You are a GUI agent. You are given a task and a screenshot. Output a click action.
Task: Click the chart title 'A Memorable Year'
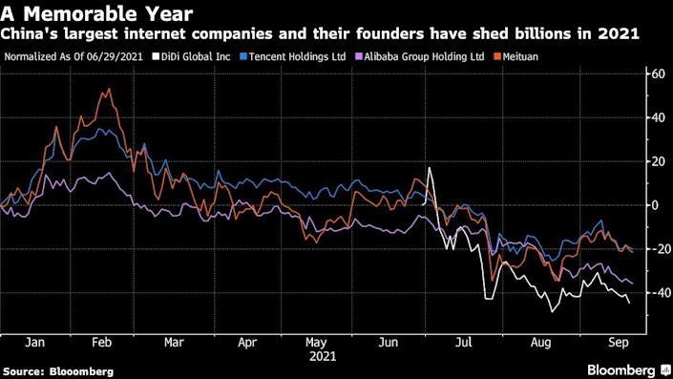click(x=98, y=14)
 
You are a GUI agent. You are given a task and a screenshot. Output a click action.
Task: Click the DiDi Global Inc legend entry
click(x=191, y=55)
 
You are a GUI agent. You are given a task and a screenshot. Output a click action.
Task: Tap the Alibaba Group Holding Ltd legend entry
click(x=429, y=55)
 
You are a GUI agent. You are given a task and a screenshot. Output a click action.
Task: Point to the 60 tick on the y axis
click(x=656, y=74)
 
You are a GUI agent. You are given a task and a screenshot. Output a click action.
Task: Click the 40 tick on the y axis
click(x=656, y=117)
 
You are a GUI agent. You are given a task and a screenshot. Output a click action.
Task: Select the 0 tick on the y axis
click(x=656, y=205)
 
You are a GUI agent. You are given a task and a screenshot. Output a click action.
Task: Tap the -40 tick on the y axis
click(x=656, y=293)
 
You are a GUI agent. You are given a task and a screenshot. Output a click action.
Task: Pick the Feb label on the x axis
click(x=101, y=341)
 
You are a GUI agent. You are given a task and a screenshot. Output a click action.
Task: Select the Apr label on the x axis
click(x=246, y=341)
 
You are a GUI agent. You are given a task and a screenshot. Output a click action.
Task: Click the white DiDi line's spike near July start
click(x=431, y=169)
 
